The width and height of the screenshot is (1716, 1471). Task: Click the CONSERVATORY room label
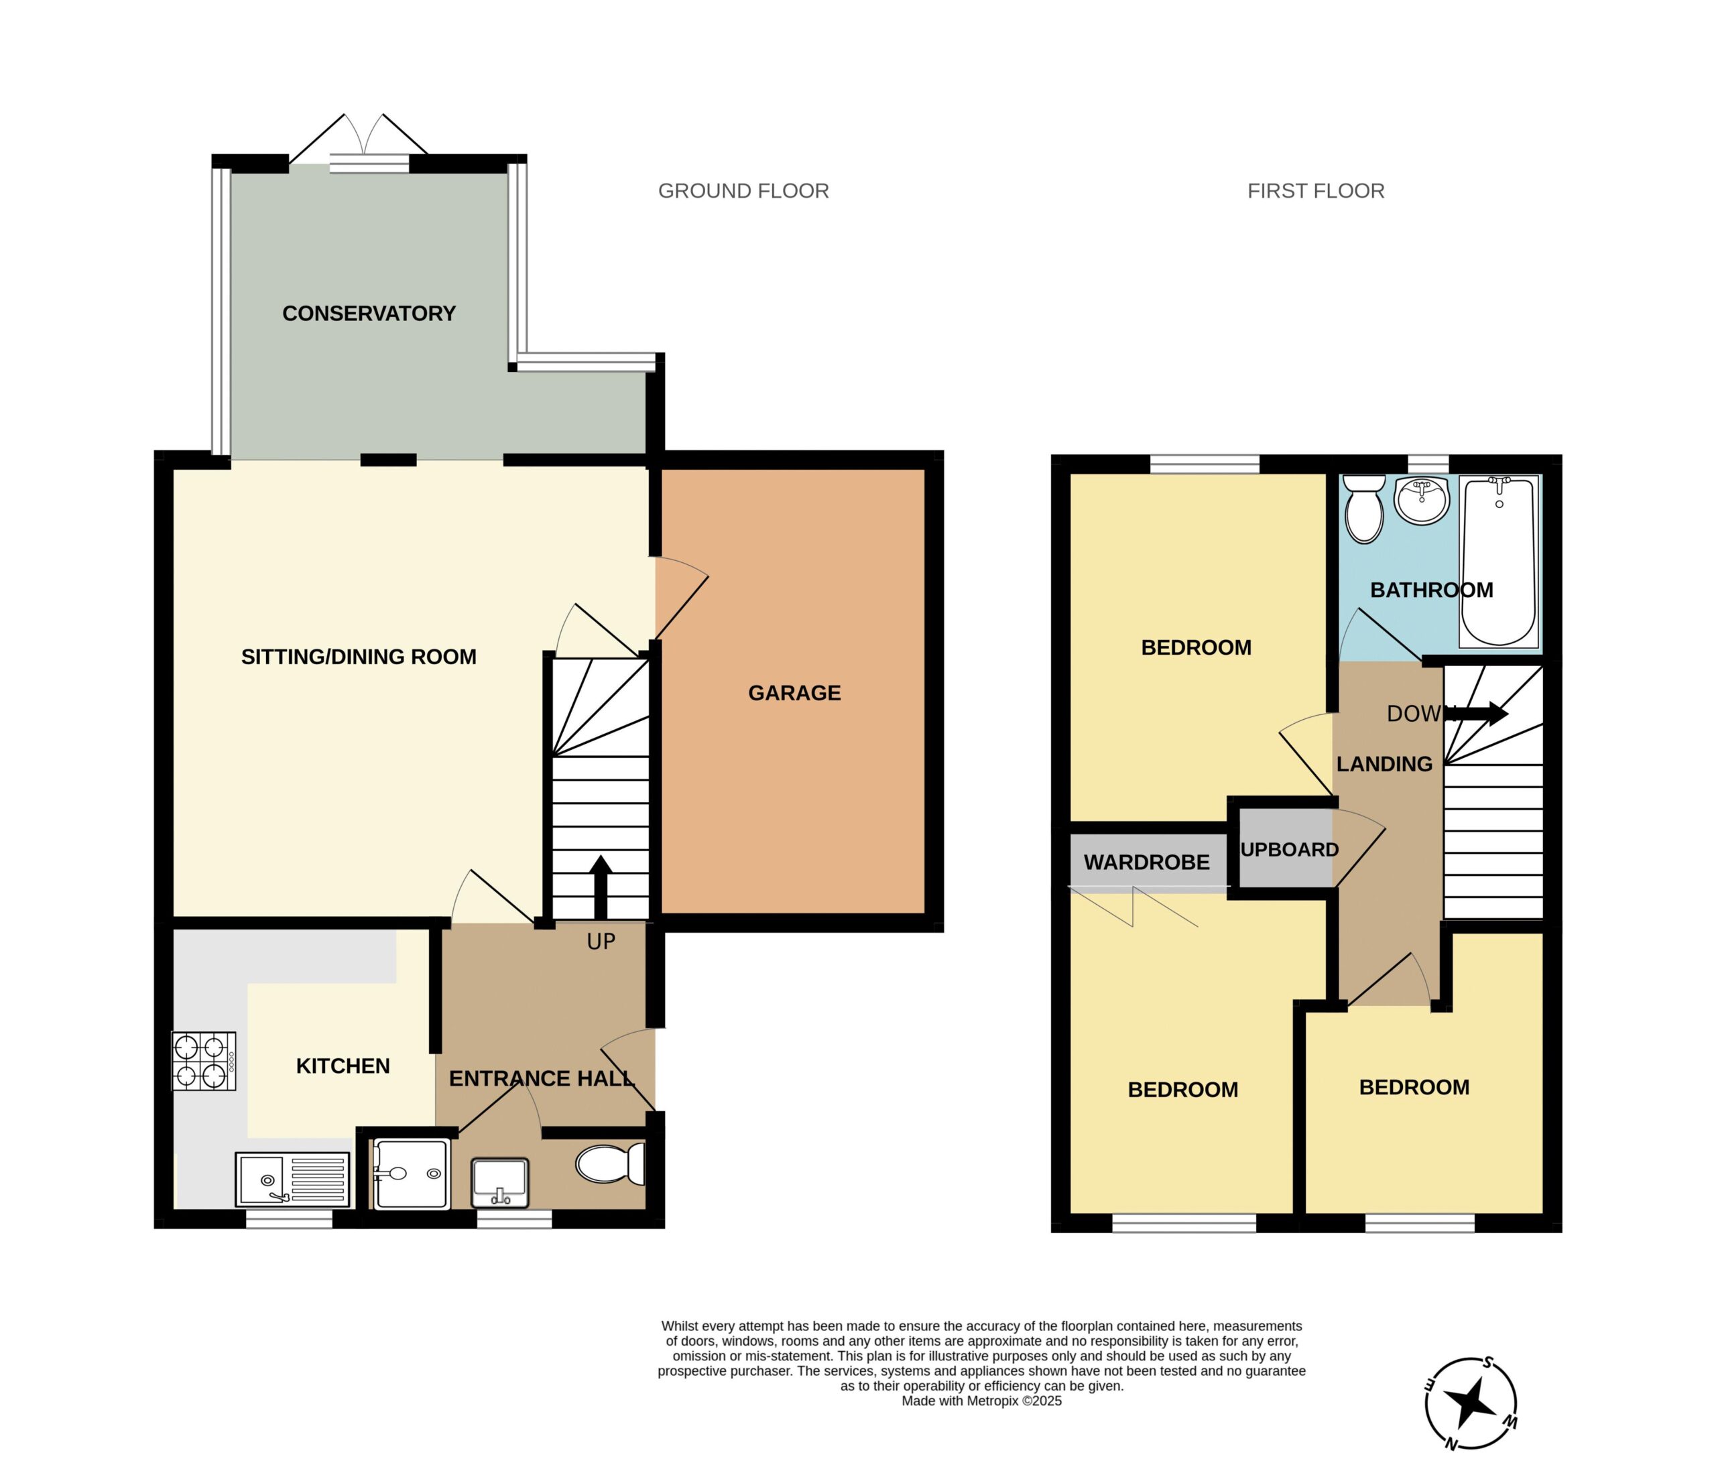coord(369,314)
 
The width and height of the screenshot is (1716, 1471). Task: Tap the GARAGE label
coord(794,693)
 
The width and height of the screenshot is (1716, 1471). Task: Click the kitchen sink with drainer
coord(292,1179)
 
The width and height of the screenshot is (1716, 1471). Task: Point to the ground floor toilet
coord(611,1164)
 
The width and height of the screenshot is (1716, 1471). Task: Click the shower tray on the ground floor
coord(412,1174)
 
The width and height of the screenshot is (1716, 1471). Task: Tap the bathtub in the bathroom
coord(1499,561)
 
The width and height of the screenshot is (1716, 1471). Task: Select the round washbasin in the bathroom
coord(1421,500)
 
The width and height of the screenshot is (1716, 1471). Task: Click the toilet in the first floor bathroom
coord(1364,508)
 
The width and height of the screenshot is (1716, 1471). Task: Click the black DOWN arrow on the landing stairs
coord(1477,714)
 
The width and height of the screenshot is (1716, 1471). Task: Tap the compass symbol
coord(1471,1404)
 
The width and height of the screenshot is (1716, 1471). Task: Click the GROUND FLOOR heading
coord(743,191)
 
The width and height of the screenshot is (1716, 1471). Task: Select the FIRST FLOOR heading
coord(1316,191)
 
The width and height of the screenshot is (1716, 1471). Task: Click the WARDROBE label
coord(1146,862)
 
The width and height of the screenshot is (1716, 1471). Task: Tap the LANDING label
coord(1385,764)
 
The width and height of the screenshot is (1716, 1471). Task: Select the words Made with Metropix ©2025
coord(981,1401)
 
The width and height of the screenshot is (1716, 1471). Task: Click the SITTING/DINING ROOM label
coord(359,657)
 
